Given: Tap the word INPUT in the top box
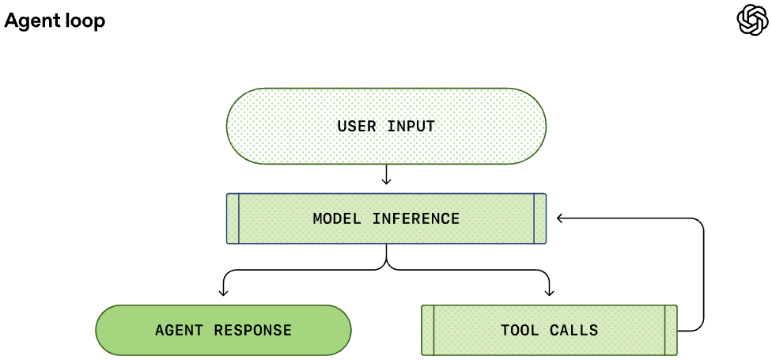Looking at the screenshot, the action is [x=411, y=126].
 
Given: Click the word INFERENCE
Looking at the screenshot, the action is [x=416, y=218].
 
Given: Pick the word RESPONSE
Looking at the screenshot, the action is [x=253, y=330].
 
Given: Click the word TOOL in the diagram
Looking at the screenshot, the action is [x=520, y=330].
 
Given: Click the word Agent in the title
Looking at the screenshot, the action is [x=28, y=21].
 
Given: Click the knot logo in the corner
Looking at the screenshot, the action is [x=751, y=20].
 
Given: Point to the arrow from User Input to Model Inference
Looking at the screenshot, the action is [x=387, y=174].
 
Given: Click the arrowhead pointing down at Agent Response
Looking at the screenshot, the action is [x=224, y=293].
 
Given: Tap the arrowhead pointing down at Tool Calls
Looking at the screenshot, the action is [x=550, y=293].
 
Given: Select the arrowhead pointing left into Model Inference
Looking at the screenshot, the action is [x=560, y=218].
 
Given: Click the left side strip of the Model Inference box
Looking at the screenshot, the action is [x=233, y=218].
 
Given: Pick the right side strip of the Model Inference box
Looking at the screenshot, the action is [x=540, y=218].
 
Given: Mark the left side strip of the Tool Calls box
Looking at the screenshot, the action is [x=429, y=330].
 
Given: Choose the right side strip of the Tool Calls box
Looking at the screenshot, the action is [x=671, y=330].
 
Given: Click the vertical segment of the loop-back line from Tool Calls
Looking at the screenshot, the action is [x=703, y=274].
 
